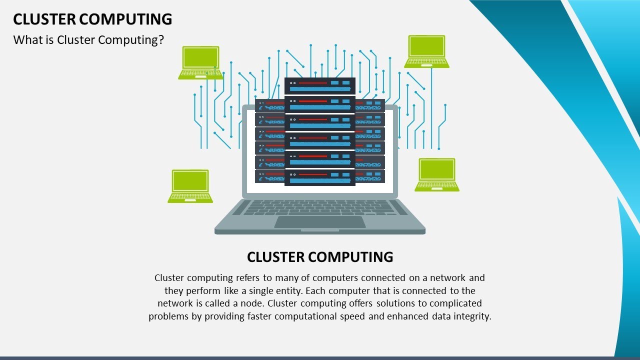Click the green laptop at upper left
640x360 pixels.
[199, 62]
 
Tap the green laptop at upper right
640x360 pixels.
[426, 51]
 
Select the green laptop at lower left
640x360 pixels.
[190, 186]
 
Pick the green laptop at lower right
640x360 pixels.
[437, 174]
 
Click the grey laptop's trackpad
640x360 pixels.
[320, 222]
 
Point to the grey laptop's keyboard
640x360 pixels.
[320, 207]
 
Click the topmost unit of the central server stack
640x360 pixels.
[320, 85]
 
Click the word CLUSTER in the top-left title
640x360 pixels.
[43, 19]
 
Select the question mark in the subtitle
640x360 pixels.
[161, 40]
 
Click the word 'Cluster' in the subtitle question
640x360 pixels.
[76, 40]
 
